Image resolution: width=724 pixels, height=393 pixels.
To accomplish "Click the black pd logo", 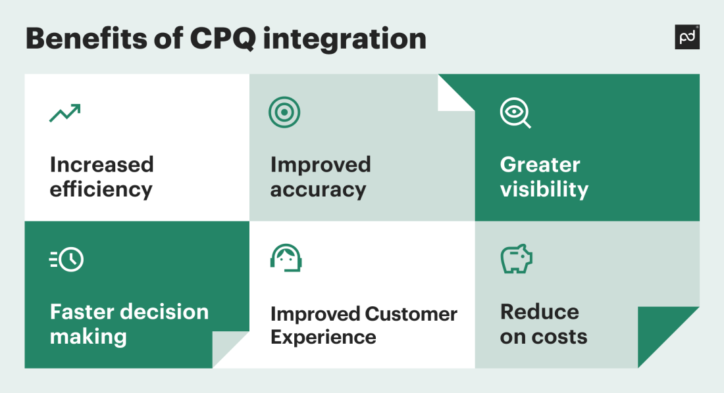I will point(687,37).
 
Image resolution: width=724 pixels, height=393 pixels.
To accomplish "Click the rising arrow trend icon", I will point(65,113).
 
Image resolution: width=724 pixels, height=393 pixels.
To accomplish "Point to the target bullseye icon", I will point(284,112).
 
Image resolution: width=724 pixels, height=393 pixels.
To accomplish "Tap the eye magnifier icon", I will point(515,113).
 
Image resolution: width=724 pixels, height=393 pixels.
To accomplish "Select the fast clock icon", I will point(67,260).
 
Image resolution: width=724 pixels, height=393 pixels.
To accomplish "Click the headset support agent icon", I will point(286,258).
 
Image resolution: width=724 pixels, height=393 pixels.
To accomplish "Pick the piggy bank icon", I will point(516,258).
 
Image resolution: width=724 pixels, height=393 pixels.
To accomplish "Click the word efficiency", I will point(101,190).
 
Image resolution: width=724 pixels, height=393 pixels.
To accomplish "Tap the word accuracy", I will point(318,190).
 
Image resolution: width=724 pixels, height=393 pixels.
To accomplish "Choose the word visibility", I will point(544,190).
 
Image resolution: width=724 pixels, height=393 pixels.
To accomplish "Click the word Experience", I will point(323,338).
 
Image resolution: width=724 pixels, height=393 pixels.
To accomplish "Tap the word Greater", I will point(540,164).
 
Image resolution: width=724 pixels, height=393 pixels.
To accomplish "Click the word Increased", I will point(101,164).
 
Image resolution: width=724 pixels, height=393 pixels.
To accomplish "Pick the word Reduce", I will point(539,312).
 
